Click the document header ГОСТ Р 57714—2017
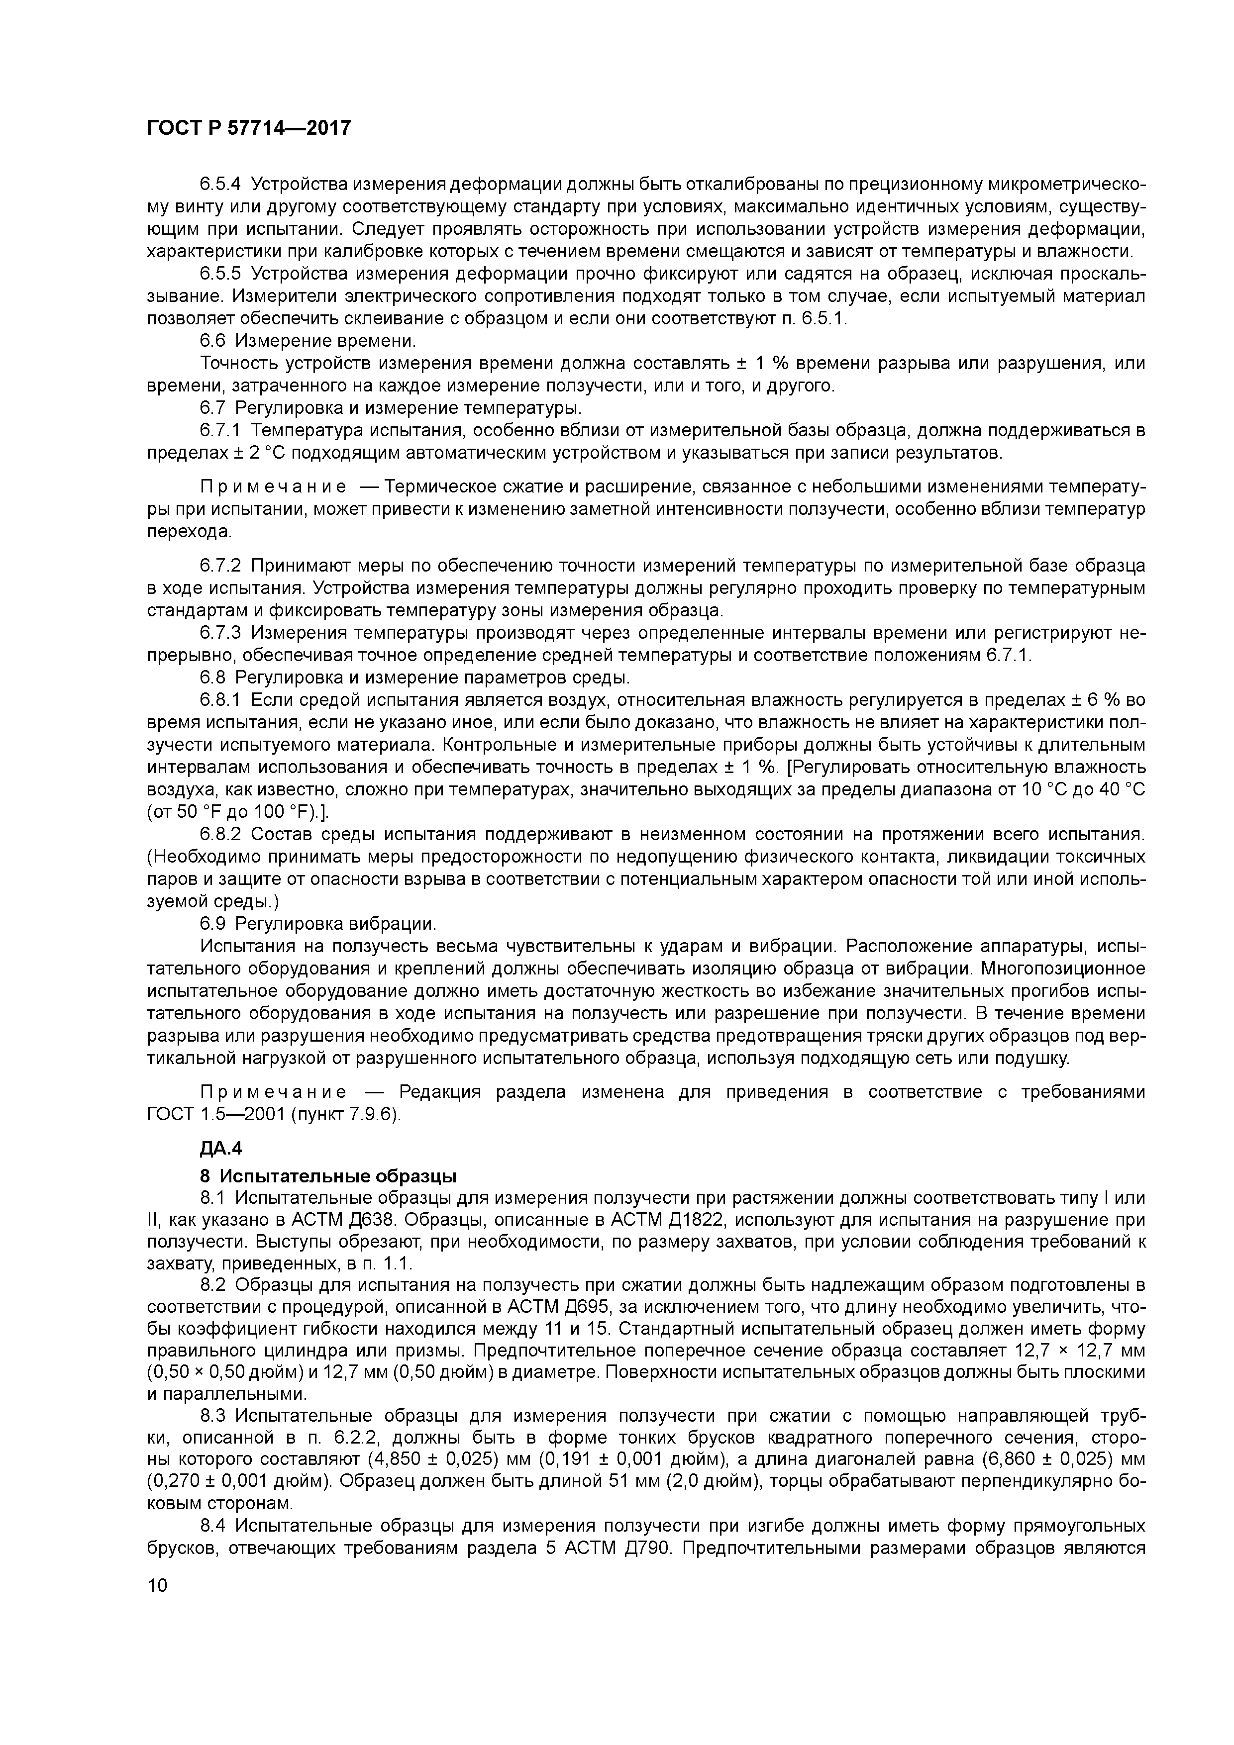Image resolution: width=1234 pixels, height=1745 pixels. (249, 128)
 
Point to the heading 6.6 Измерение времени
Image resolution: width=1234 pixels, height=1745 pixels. (308, 340)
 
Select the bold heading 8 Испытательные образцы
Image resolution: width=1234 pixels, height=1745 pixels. (328, 1176)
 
